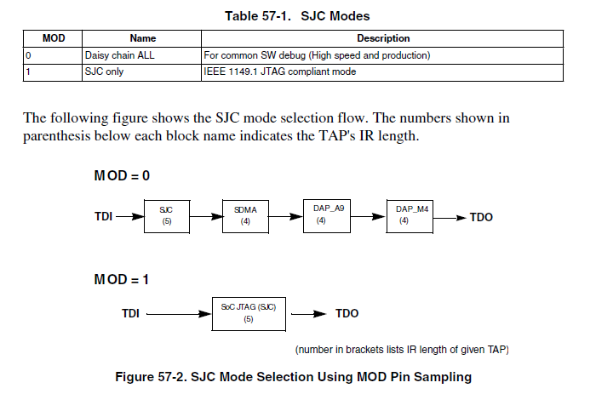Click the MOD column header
click(54, 38)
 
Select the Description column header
click(382, 38)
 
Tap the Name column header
click(142, 38)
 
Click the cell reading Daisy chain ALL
click(119, 55)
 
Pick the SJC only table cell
click(106, 71)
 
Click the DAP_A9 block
click(327, 215)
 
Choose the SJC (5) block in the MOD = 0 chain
click(165, 215)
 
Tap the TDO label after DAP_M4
click(481, 217)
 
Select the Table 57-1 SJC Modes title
click(297, 15)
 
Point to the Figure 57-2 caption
click(294, 375)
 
